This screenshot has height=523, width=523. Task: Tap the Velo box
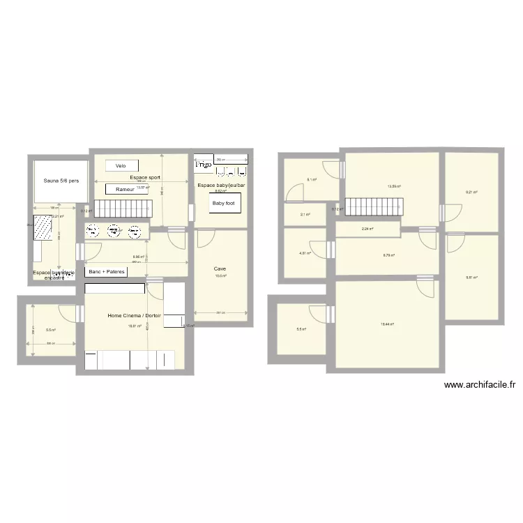pyautogui.click(x=121, y=165)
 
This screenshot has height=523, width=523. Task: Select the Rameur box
pyautogui.click(x=126, y=189)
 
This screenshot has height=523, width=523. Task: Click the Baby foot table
pyautogui.click(x=223, y=204)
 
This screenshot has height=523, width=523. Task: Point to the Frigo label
pyautogui.click(x=203, y=165)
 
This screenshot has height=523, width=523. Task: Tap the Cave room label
pyautogui.click(x=220, y=268)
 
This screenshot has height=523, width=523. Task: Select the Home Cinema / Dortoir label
pyautogui.click(x=135, y=316)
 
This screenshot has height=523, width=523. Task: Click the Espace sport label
pyautogui.click(x=145, y=178)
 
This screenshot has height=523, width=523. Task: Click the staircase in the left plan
pyautogui.click(x=123, y=207)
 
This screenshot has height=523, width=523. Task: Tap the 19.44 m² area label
pyautogui.click(x=387, y=324)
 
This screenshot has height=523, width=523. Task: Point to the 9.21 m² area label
pyautogui.click(x=471, y=192)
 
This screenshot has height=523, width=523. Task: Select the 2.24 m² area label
pyautogui.click(x=367, y=229)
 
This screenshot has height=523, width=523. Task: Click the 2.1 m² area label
pyautogui.click(x=305, y=215)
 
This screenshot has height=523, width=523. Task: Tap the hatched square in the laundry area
pyautogui.click(x=43, y=227)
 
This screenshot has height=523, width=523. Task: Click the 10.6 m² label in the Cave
pyautogui.click(x=220, y=276)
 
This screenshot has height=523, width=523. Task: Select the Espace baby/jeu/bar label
pyautogui.click(x=221, y=185)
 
